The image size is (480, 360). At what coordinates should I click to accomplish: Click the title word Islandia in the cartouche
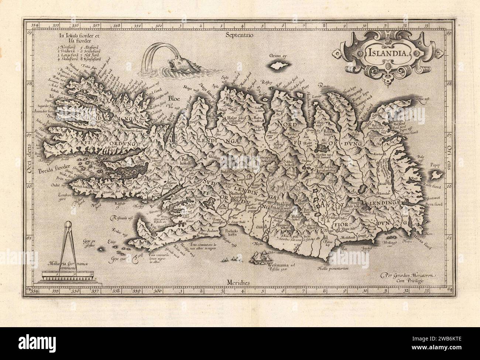point(380,52)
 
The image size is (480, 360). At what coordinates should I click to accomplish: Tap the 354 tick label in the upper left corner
point(35,25)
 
